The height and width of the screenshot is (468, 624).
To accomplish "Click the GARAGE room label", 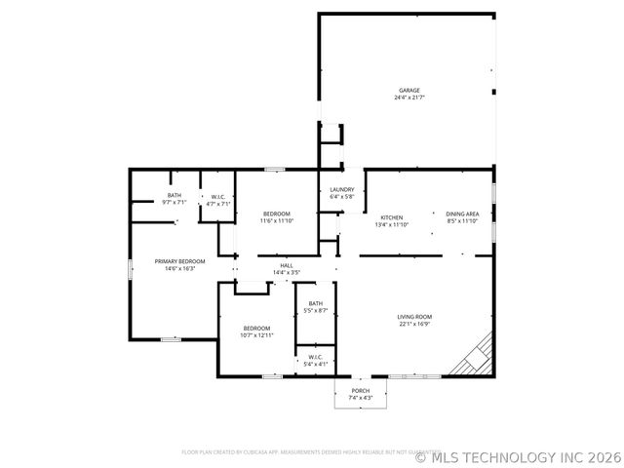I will click(409, 91).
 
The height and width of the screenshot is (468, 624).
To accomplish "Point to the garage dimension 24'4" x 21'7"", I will click(409, 98).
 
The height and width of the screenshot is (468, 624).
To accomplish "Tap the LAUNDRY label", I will click(341, 190).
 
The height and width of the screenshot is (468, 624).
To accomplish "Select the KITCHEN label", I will click(392, 216).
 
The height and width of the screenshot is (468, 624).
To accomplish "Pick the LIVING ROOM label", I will click(414, 317).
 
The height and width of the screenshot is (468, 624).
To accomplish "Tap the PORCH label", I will click(361, 390).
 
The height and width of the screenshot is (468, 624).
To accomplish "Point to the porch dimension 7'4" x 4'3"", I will click(361, 398).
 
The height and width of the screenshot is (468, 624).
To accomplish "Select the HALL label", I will click(287, 264).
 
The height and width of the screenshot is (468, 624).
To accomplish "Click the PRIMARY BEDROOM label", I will click(180, 261).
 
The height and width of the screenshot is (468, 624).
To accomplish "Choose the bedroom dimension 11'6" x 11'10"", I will click(276, 221).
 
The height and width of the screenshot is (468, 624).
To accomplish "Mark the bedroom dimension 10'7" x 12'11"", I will click(257, 335).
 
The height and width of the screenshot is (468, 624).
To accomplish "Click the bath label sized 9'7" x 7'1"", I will click(174, 196).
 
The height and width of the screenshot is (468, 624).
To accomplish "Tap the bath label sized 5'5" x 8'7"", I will click(316, 303).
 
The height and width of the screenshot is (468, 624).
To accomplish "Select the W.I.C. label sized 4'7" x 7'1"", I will click(218, 198).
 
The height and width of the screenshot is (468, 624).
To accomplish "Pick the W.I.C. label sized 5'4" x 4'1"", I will click(316, 358).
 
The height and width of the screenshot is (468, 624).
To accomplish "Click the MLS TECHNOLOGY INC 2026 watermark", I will click(518, 454).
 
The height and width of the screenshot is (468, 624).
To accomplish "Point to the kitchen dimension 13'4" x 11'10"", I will click(392, 224).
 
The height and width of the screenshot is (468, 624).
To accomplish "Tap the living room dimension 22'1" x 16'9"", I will click(414, 325).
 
